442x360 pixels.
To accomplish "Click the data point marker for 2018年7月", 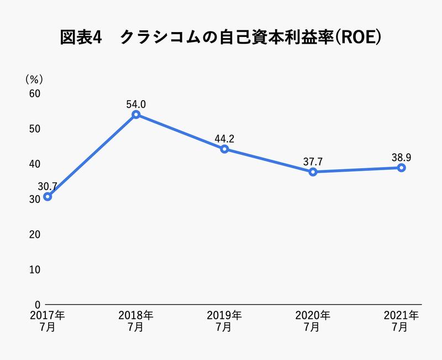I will (x=136, y=114).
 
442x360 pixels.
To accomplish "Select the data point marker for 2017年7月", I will (x=48, y=196).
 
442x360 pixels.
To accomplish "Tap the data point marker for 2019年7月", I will (x=224, y=149).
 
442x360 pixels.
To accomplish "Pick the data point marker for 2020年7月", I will (x=313, y=172).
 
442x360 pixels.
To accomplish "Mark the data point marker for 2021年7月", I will (x=402, y=168).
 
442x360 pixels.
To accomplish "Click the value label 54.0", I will (x=136, y=103).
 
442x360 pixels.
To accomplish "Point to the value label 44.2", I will (x=224, y=138).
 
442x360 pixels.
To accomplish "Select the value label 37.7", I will (x=313, y=161).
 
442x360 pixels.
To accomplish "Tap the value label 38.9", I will (x=402, y=157).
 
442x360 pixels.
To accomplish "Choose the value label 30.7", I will (x=49, y=186).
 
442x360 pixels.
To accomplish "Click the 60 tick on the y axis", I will (x=34, y=93).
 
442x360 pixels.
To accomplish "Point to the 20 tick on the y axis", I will (x=34, y=234).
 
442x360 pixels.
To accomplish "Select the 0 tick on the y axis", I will (x=37, y=305).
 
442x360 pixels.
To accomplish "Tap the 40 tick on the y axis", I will (x=34, y=164).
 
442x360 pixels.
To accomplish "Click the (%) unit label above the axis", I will (x=34, y=80).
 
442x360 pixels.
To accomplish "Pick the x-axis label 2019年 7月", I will (x=224, y=321).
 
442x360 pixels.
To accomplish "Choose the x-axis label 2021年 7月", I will (x=402, y=321).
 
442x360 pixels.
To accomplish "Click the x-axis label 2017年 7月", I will (x=48, y=321).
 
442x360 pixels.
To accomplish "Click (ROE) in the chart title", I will (x=360, y=38).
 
